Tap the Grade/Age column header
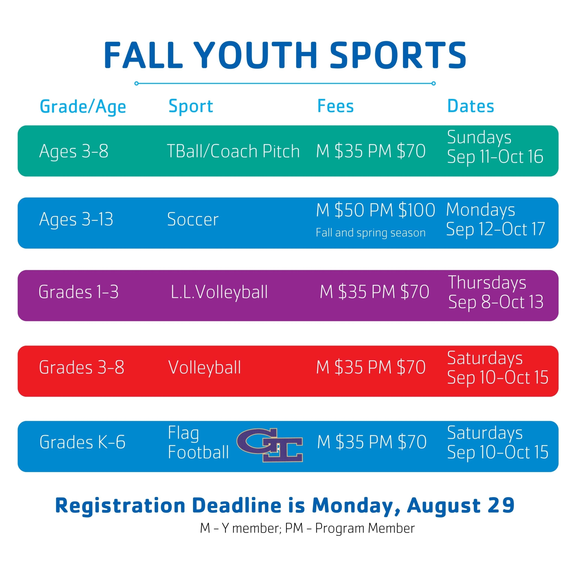pyautogui.click(x=83, y=107)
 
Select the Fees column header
pyautogui.click(x=335, y=106)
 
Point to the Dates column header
pyautogui.click(x=471, y=106)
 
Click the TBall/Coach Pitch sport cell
pyautogui.click(x=233, y=151)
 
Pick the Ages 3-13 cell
pyautogui.click(x=76, y=219)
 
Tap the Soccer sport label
pyautogui.click(x=193, y=219)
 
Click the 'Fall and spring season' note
pyautogui.click(x=370, y=233)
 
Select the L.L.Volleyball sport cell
pyautogui.click(x=219, y=292)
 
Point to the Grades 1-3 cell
pyautogui.click(x=78, y=292)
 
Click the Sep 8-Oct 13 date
pyautogui.click(x=496, y=302)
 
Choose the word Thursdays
pyautogui.click(x=487, y=283)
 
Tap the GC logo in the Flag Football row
pyautogui.click(x=270, y=445)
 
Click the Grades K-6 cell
pyautogui.click(x=83, y=442)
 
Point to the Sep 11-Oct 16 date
pyautogui.click(x=495, y=156)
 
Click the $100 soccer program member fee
pyautogui.click(x=417, y=210)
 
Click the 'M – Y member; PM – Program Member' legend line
pyautogui.click(x=308, y=528)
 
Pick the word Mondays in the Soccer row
pyautogui.click(x=481, y=210)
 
